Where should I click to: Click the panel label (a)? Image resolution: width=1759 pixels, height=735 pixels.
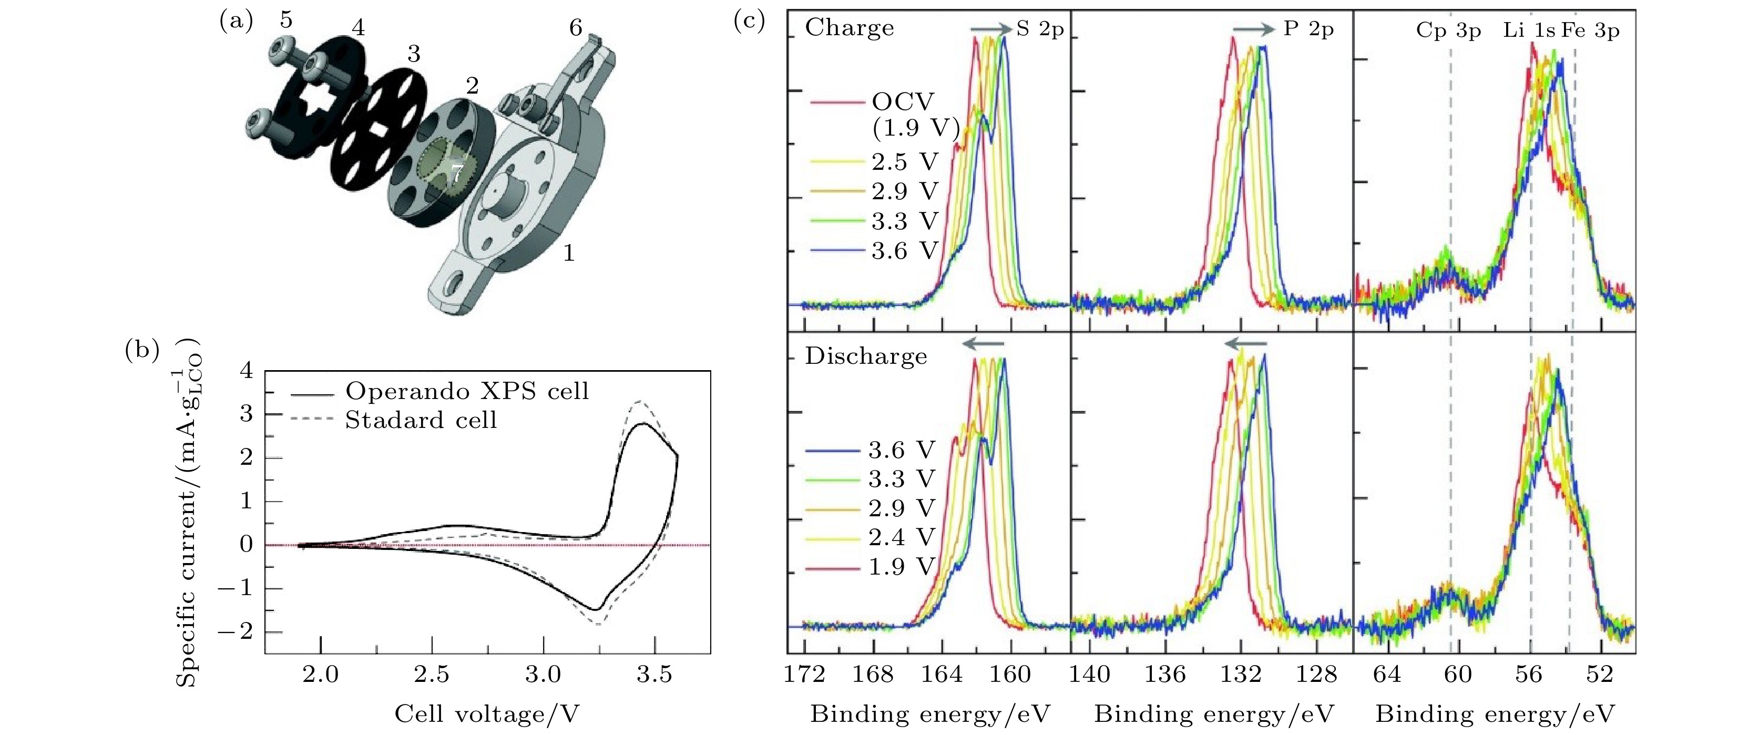click(x=236, y=22)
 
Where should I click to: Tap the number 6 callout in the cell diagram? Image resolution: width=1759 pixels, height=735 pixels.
click(x=576, y=28)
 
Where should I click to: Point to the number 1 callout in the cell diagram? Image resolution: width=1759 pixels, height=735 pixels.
click(x=568, y=254)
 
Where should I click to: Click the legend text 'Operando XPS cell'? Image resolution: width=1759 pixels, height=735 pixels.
click(x=467, y=391)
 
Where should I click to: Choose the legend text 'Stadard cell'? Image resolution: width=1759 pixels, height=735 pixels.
click(x=421, y=420)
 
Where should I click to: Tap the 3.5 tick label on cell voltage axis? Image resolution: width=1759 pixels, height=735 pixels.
click(x=654, y=675)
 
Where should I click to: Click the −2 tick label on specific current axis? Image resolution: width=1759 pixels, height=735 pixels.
click(x=235, y=632)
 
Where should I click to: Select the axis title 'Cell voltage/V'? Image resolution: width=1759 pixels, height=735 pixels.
click(x=487, y=714)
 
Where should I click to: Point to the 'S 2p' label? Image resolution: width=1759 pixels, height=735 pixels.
click(x=1040, y=29)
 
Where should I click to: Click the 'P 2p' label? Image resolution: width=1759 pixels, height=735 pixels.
click(x=1308, y=29)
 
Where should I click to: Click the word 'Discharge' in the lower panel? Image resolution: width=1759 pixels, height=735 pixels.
click(x=866, y=356)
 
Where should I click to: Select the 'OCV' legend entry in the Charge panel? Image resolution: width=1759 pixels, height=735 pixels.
click(x=903, y=103)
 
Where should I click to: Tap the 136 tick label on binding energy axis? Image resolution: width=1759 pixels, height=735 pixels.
click(x=1165, y=675)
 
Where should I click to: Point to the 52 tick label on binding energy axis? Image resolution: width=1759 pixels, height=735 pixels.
click(x=1599, y=675)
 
